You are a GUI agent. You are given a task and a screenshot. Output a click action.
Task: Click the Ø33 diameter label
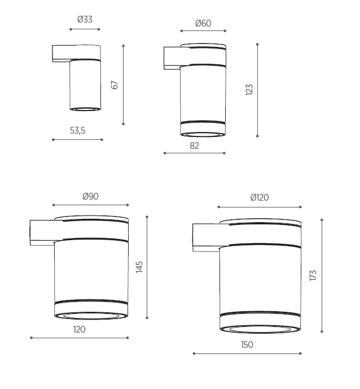[x=85, y=19]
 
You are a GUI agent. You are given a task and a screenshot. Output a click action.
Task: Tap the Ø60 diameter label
[x=203, y=23]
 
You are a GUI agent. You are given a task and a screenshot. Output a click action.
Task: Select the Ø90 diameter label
[x=91, y=197]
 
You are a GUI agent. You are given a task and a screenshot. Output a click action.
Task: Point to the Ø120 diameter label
[x=260, y=198]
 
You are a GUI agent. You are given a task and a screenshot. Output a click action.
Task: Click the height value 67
[x=115, y=85]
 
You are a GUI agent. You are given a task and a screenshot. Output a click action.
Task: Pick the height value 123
[x=249, y=90]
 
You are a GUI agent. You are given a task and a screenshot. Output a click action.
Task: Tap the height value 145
[x=139, y=267]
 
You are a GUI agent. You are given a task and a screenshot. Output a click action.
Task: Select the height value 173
[x=313, y=275]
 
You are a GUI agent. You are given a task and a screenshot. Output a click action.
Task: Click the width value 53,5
[x=77, y=130]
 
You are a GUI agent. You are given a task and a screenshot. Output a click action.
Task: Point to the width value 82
[x=195, y=146]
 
